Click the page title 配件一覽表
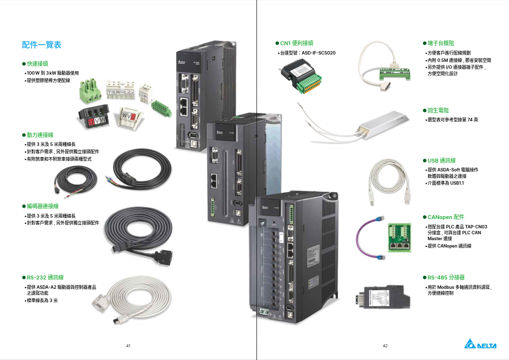point(42,45)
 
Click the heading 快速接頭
point(37,64)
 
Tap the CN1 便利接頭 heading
point(296,43)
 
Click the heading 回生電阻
point(438,111)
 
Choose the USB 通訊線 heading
point(441,161)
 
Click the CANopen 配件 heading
point(446,217)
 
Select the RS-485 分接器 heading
point(446,277)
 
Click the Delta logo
point(480,345)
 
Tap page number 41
point(128,346)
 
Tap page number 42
point(385,346)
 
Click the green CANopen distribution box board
point(400,237)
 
